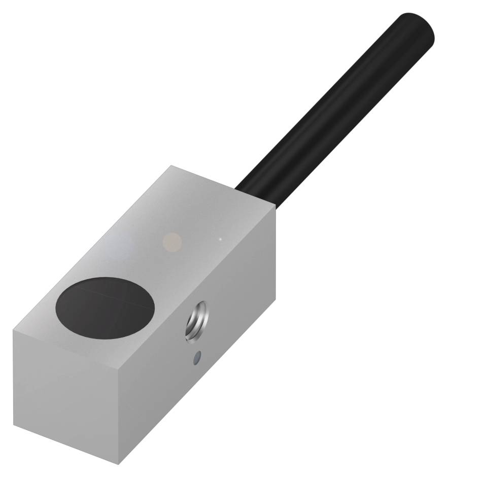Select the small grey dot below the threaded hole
(x=196, y=359)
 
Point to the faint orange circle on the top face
(x=173, y=240)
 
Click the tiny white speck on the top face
(x=220, y=238)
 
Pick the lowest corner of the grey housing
(x=118, y=464)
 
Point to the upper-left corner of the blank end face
(x=13, y=329)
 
